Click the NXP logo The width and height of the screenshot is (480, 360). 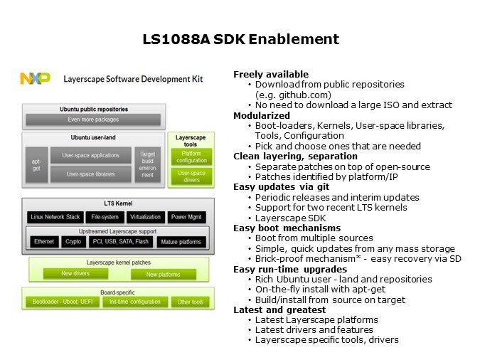point(36,79)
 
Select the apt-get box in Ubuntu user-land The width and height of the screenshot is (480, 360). point(36,164)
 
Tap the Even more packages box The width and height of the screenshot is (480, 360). point(93,120)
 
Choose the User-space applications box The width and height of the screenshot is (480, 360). point(91,155)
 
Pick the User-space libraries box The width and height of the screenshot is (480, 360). point(91,174)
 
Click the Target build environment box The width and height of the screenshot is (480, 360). point(147,164)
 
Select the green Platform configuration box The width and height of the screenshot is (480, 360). point(191,156)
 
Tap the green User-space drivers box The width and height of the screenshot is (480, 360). point(191,175)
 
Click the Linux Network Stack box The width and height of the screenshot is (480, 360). point(55,216)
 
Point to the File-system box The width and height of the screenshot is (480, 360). point(105,216)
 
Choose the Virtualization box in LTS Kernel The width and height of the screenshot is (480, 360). point(146,216)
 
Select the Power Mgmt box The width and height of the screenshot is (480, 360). point(186,216)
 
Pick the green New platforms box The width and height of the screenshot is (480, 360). point(164,274)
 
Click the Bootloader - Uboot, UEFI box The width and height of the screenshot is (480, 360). point(63,302)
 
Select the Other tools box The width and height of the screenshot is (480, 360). point(190,302)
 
